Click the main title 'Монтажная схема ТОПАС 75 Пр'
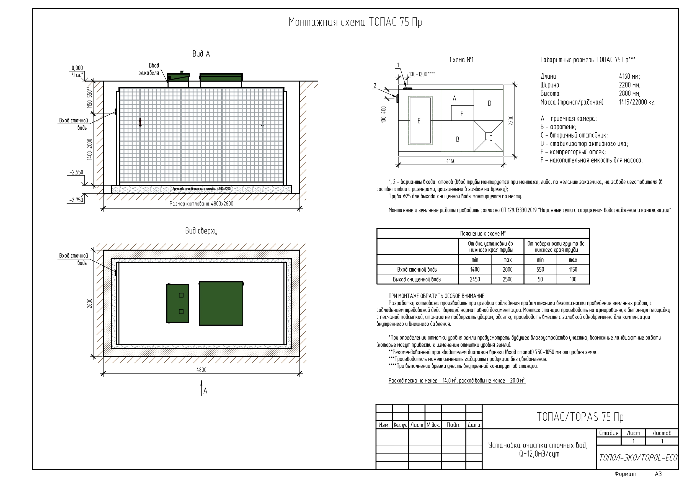pyautogui.click(x=355, y=22)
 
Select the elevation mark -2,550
pyautogui.click(x=76, y=173)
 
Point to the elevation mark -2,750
pyautogui.click(x=76, y=200)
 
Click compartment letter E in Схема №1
pyautogui.click(x=419, y=121)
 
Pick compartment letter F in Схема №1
pyautogui.click(x=462, y=114)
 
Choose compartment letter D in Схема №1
pyautogui.click(x=490, y=103)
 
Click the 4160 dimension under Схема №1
pyautogui.click(x=451, y=161)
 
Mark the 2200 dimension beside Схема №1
pyautogui.click(x=511, y=120)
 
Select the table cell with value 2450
pyautogui.click(x=475, y=279)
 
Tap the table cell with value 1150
pyautogui.click(x=573, y=269)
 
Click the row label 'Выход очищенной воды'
pyautogui.click(x=417, y=279)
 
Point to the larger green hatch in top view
pyautogui.click(x=221, y=303)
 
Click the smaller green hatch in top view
pyautogui.click(x=178, y=303)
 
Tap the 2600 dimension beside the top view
pyautogui.click(x=90, y=303)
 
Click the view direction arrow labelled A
pyautogui.click(x=202, y=388)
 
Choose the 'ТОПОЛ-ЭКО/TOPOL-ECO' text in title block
pyautogui.click(x=638, y=458)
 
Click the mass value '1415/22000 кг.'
pyautogui.click(x=637, y=102)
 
